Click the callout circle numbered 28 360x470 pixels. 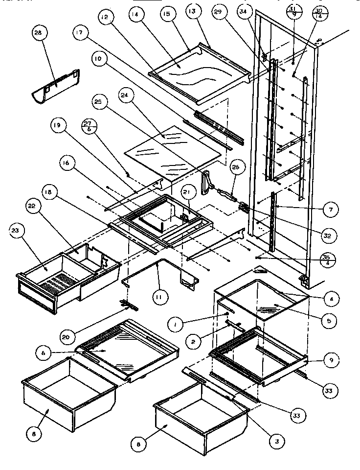coord(38,34)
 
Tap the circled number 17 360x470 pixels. coord(80,33)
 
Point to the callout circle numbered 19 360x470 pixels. coord(57,125)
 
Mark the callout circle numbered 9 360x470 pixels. coord(331,360)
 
